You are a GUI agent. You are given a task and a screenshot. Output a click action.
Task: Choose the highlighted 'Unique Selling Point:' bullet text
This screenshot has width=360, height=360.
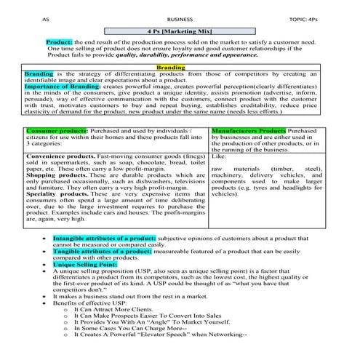pyautogui.click(x=85, y=264)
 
